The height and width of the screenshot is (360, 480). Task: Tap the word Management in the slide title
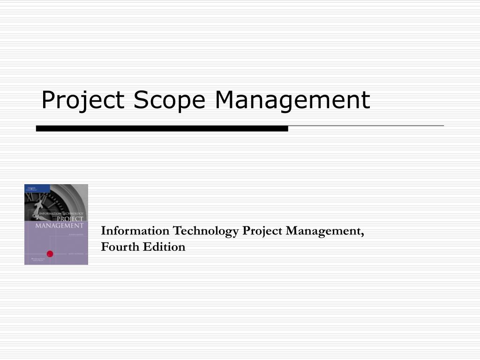point(292,100)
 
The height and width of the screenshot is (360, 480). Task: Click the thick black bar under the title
point(162,128)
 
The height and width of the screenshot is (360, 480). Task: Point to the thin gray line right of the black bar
point(366,126)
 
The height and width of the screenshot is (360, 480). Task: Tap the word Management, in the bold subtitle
point(323,231)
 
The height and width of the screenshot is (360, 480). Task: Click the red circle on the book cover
point(50,254)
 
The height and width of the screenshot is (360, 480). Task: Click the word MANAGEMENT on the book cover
point(59,226)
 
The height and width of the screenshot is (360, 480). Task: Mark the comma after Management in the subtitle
point(362,234)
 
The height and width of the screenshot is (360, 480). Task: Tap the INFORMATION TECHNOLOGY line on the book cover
point(61,214)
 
